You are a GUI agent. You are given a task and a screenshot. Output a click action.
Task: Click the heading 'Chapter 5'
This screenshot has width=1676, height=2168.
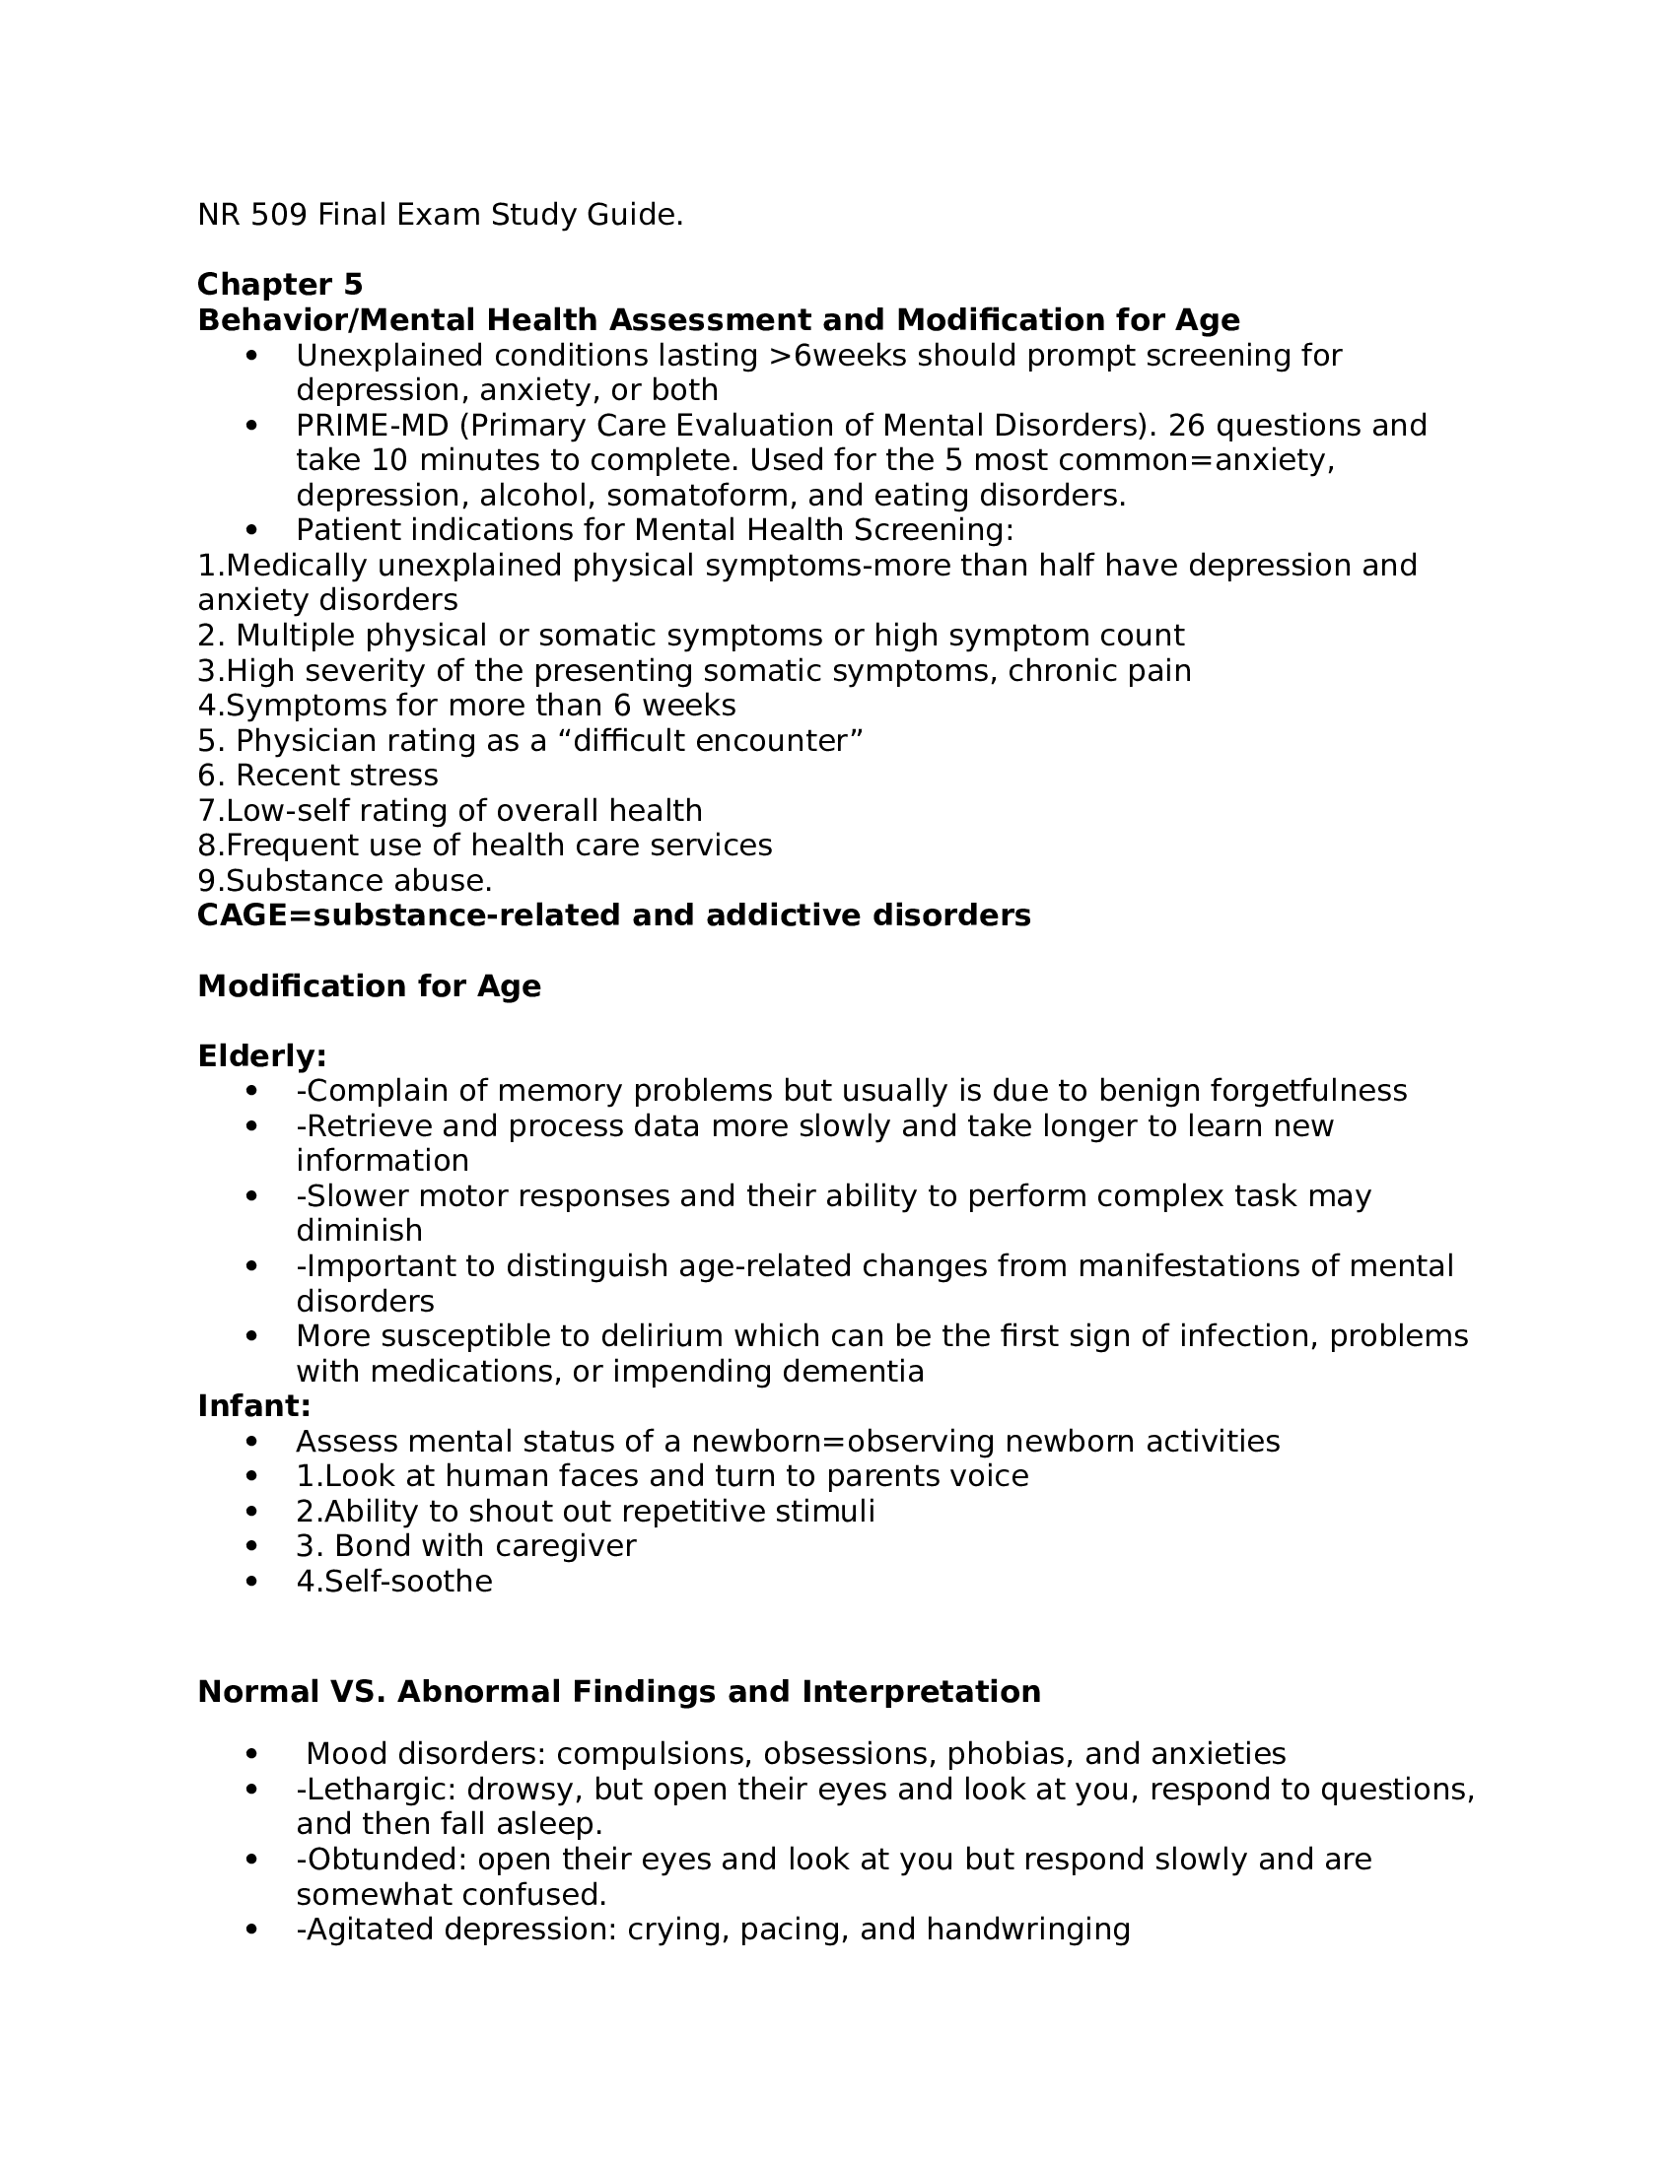[280, 285]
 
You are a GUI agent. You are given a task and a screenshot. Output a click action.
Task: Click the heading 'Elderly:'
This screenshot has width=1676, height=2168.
[262, 1056]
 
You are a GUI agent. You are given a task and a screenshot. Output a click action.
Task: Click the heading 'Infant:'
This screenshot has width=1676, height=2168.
[254, 1406]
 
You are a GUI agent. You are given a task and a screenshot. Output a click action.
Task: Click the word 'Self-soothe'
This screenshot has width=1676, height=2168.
[408, 1582]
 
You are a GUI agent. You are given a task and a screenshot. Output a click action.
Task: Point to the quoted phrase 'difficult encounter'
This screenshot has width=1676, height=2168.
[710, 740]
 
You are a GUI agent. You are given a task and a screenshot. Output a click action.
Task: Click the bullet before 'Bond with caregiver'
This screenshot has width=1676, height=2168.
[251, 1547]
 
